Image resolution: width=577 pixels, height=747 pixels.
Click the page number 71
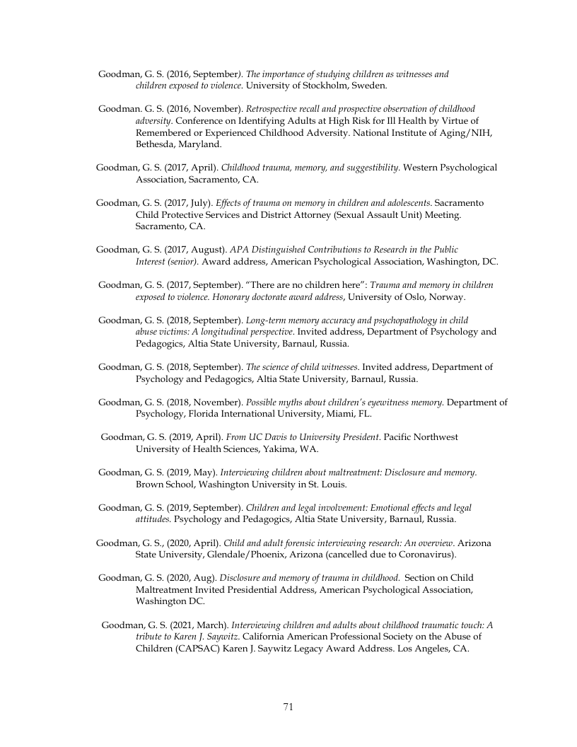[x=288, y=707]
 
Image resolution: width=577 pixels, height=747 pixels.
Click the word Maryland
[x=201, y=144]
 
